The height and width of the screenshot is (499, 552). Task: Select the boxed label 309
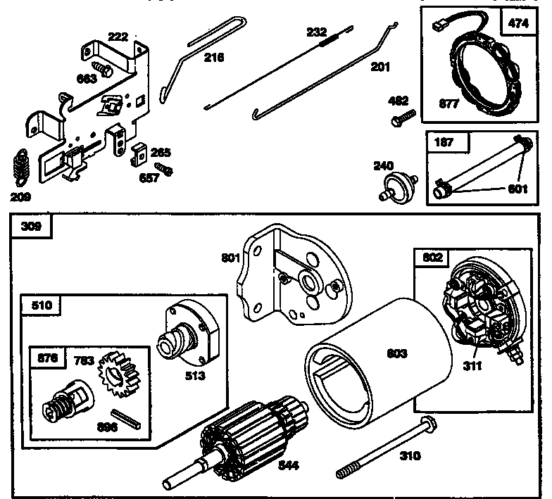(x=32, y=227)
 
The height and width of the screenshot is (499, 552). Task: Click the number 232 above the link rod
(x=318, y=32)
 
